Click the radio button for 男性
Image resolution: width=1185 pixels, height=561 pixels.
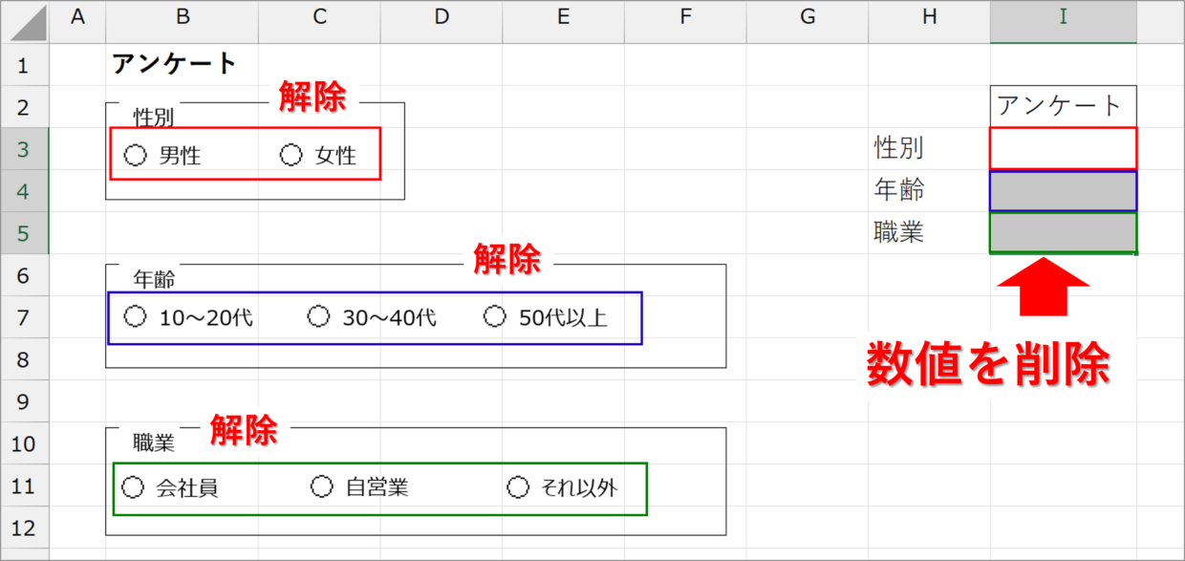136,155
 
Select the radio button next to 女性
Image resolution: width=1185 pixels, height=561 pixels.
291,155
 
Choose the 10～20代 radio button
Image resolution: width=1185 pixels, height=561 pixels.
136,316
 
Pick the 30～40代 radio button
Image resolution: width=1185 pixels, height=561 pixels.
318,316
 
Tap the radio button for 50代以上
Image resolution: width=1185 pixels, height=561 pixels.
495,316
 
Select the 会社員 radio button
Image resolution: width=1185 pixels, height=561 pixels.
133,487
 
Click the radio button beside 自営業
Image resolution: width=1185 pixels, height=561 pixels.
322,487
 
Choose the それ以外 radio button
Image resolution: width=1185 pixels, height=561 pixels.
517,487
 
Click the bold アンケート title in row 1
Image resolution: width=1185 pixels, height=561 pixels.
174,64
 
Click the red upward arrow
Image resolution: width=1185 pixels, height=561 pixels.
1043,289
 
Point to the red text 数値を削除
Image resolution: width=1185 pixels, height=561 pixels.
988,365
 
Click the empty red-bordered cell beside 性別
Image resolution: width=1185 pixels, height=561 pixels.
1063,148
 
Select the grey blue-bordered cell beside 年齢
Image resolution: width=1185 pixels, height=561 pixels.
1063,191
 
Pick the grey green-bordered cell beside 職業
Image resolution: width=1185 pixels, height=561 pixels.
1063,233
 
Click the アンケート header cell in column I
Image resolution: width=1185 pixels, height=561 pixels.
1063,105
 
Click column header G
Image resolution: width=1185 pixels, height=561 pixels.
808,16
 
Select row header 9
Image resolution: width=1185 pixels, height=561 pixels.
24,401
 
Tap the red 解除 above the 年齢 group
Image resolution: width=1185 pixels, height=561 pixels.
506,259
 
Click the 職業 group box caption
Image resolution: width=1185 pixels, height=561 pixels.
154,442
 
